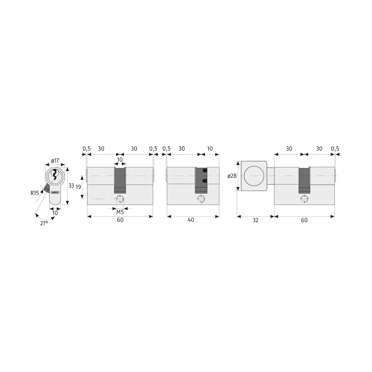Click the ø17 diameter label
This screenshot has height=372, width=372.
coord(55,161)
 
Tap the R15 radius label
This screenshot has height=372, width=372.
coord(35,193)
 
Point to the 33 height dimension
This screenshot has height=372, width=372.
coord(71,186)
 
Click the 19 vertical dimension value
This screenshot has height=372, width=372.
coord(78,187)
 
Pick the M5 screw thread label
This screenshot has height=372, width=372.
coord(120,212)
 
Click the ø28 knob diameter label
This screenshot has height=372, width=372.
coord(232,176)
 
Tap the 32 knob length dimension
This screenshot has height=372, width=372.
coord(255,220)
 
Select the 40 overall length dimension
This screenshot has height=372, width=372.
coord(191,220)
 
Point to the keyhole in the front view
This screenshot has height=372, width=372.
coord(55,175)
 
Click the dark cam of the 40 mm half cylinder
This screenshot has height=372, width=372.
coord(201,180)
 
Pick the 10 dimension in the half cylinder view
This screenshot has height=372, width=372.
coord(210,149)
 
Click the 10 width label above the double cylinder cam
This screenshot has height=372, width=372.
coord(120,160)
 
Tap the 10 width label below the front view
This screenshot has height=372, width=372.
coord(55,213)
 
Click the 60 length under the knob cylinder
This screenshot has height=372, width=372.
coord(304,220)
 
